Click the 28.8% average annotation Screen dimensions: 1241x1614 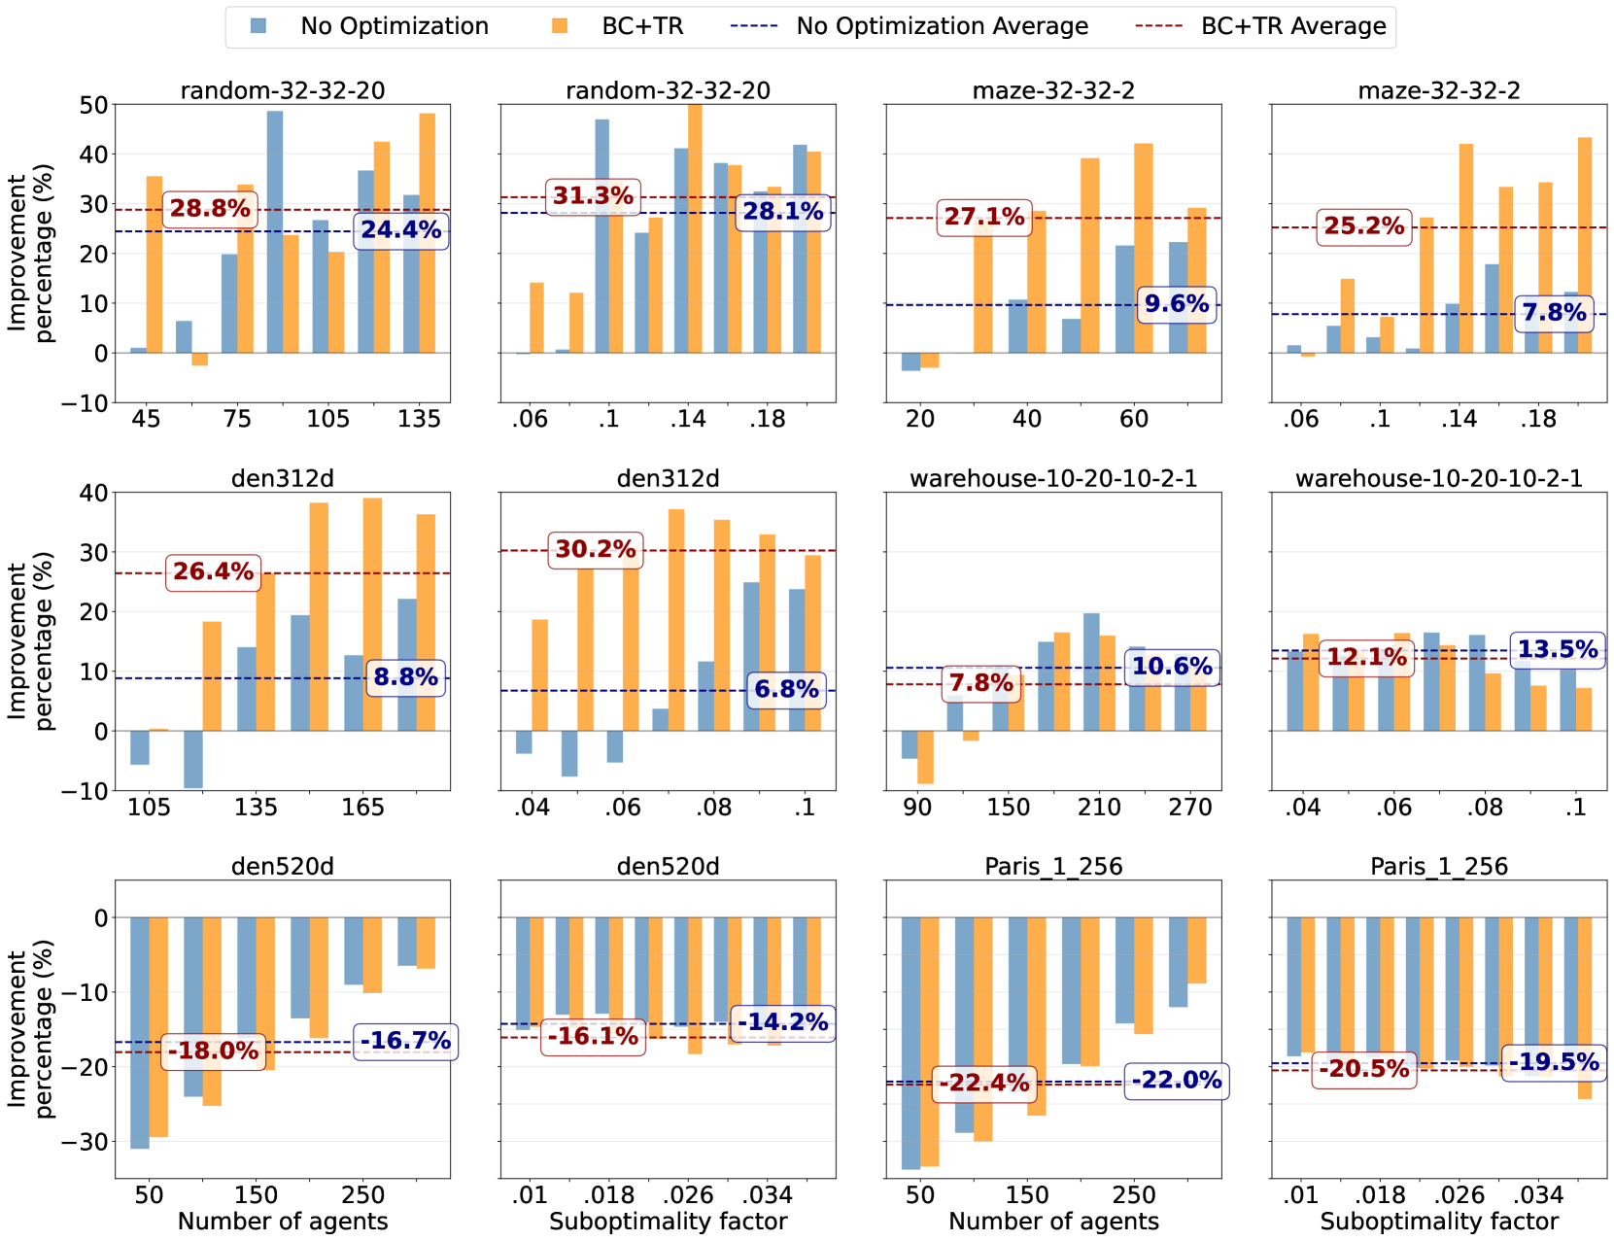210,208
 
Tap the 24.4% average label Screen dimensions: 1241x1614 400,230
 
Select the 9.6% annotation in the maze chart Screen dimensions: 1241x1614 1177,304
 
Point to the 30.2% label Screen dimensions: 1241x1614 595,549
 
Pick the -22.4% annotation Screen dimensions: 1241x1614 983,1083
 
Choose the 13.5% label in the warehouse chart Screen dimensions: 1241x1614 1557,649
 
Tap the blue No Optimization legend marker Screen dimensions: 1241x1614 258,26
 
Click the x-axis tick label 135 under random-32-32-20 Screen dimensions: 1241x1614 419,419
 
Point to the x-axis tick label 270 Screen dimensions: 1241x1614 1189,808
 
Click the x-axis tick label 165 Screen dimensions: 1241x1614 362,808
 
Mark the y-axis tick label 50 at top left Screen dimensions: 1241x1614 93,105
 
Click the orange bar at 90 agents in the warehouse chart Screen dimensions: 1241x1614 925,757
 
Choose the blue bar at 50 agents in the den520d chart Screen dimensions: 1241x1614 140,1033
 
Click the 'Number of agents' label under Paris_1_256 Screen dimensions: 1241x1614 1053,1222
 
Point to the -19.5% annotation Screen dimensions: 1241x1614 1554,1061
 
